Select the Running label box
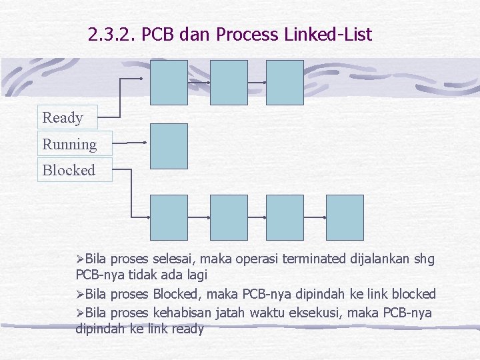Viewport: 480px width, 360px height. (73, 144)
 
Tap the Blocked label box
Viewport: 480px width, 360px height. (73, 170)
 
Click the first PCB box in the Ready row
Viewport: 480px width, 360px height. (169, 83)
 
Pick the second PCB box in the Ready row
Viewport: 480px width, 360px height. (229, 83)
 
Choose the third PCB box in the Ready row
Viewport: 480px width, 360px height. (285, 83)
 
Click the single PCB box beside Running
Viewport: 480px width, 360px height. (169, 145)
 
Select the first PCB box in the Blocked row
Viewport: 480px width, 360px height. (169, 217)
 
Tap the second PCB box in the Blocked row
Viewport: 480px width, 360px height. (229, 217)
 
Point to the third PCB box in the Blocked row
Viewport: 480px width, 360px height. (285, 217)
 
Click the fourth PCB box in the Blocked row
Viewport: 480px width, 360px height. (345, 217)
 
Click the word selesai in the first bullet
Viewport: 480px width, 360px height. (173, 259)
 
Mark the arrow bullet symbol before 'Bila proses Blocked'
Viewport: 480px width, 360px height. (80, 295)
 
